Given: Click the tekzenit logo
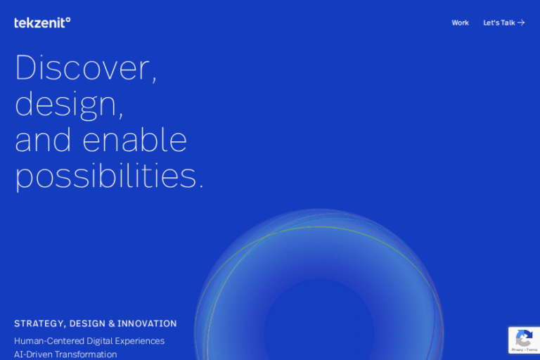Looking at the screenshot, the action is [42, 22].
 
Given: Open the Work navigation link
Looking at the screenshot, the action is [460, 22].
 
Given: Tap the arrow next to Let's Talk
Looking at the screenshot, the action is [521, 22].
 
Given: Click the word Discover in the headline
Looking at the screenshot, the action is [83, 67].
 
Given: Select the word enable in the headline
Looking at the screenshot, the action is [135, 139].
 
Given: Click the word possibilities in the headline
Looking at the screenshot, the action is [105, 176].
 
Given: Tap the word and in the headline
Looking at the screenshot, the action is [43, 139].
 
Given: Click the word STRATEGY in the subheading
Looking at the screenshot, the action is [38, 324].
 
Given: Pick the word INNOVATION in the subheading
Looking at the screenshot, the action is [147, 323].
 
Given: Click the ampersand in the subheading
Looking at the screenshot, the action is [112, 323].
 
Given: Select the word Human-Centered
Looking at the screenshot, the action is [49, 341].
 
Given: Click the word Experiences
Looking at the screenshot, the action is [139, 341].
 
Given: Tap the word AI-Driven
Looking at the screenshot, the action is [34, 354].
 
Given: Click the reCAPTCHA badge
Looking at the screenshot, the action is [524, 340].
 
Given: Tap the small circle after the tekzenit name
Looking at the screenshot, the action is [67, 20].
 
